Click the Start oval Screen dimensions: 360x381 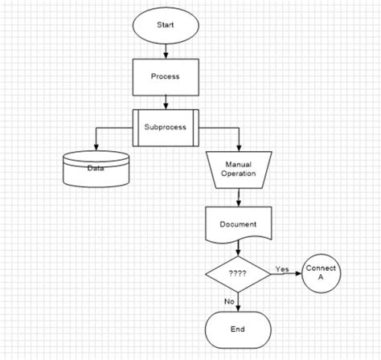tap(165, 24)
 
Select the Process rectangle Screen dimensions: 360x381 tap(165, 77)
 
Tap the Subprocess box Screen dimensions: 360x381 tap(165, 127)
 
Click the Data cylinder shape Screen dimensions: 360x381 tap(96, 168)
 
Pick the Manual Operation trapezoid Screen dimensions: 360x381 tap(239, 169)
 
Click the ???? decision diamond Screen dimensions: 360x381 tap(239, 272)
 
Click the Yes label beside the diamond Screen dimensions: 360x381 tap(282, 268)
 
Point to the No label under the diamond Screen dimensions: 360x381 tap(229, 301)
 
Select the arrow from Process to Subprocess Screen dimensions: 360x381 tap(165, 101)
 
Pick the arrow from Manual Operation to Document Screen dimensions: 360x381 tap(239, 196)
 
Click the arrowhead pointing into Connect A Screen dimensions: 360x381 tap(298, 272)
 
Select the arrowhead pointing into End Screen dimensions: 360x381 tap(239, 308)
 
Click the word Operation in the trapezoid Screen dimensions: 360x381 tap(239, 174)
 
